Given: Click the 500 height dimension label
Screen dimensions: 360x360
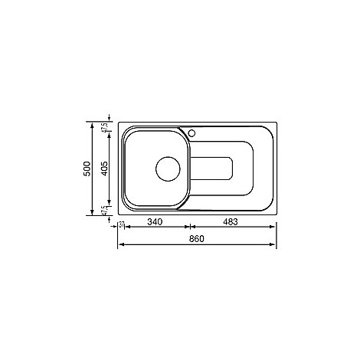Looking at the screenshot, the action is (87, 169).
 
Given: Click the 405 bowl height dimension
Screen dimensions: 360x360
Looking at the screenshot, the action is (104, 169).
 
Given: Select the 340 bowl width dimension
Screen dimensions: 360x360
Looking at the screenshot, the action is (155, 222).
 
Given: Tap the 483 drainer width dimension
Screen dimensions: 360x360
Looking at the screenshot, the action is (231, 222).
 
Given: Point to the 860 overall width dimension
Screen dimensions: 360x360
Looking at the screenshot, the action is (197, 239).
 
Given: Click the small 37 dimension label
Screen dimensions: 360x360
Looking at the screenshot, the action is (121, 225).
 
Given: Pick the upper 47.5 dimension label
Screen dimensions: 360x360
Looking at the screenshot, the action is (105, 127).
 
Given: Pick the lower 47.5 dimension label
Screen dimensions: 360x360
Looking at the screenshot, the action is (105, 211).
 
